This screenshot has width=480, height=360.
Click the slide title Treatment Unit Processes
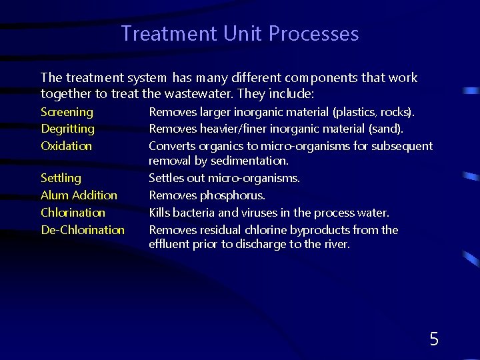[x=240, y=33]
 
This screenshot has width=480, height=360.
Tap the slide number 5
[x=434, y=339]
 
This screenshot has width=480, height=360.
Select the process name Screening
[x=67, y=112]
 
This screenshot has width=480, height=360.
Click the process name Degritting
[x=67, y=129]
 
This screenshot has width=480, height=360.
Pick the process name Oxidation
[x=66, y=145]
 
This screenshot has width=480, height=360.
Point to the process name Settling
[x=61, y=178]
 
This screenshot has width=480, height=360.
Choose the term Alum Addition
[x=79, y=195]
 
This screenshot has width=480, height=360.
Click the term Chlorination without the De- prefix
[x=73, y=213]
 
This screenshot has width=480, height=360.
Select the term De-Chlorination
[x=83, y=230]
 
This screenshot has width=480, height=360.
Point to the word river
[x=335, y=245]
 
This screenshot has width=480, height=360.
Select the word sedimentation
[x=249, y=161]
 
